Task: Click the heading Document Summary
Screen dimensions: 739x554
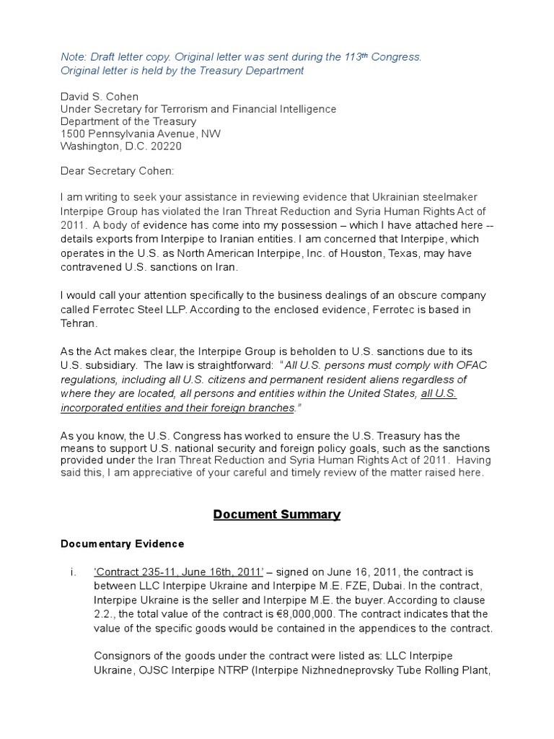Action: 276,515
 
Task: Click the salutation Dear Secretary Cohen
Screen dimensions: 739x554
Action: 117,171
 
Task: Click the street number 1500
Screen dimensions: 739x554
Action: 73,134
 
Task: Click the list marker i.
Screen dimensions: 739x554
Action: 73,573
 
